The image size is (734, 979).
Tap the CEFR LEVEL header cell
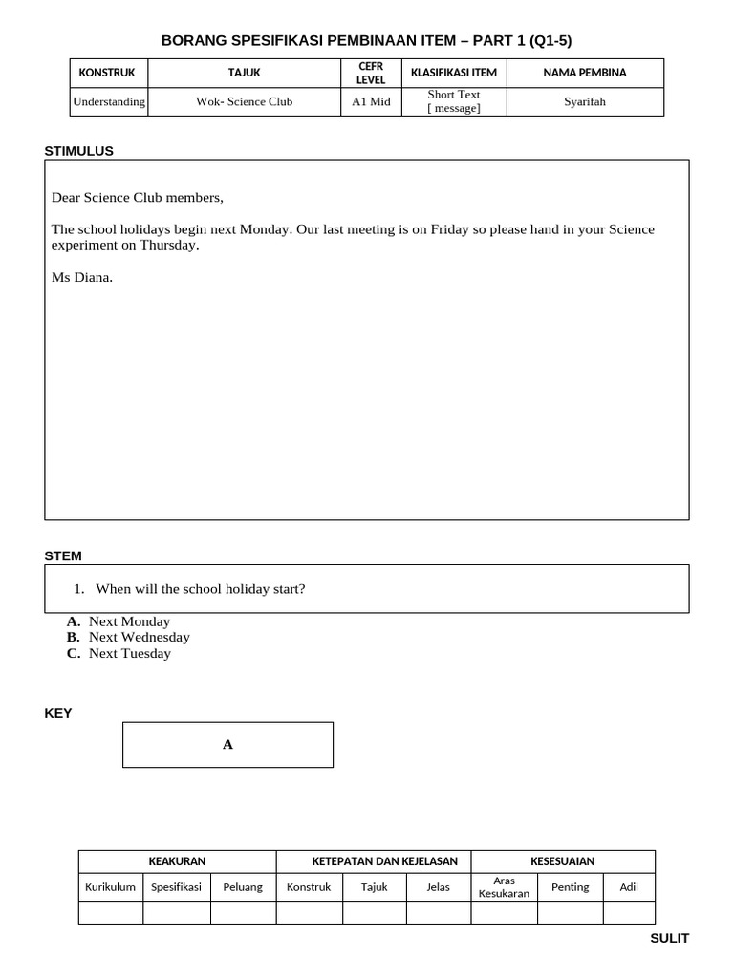pyautogui.click(x=371, y=73)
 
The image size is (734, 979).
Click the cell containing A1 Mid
pyautogui.click(x=371, y=101)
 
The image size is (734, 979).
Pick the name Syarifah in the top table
pyautogui.click(x=584, y=101)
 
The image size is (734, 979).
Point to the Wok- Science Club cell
pyautogui.click(x=245, y=101)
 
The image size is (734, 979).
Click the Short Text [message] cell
pyautogui.click(x=454, y=101)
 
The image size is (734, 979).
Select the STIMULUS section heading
pyautogui.click(x=79, y=150)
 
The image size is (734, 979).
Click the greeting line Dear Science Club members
pyautogui.click(x=138, y=198)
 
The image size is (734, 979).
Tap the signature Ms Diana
pyautogui.click(x=82, y=278)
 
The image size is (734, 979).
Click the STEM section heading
pyautogui.click(x=63, y=555)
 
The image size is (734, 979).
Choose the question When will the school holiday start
pyautogui.click(x=200, y=589)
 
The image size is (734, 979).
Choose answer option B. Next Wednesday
pyautogui.click(x=128, y=637)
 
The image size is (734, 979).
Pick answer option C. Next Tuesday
pyautogui.click(x=119, y=654)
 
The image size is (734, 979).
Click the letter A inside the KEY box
pyautogui.click(x=227, y=745)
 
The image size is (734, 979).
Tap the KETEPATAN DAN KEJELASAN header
pyautogui.click(x=373, y=861)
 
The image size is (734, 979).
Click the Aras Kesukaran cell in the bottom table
pyautogui.click(x=504, y=887)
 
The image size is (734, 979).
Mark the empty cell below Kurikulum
pyautogui.click(x=110, y=913)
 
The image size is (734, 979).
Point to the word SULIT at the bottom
pyautogui.click(x=669, y=938)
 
